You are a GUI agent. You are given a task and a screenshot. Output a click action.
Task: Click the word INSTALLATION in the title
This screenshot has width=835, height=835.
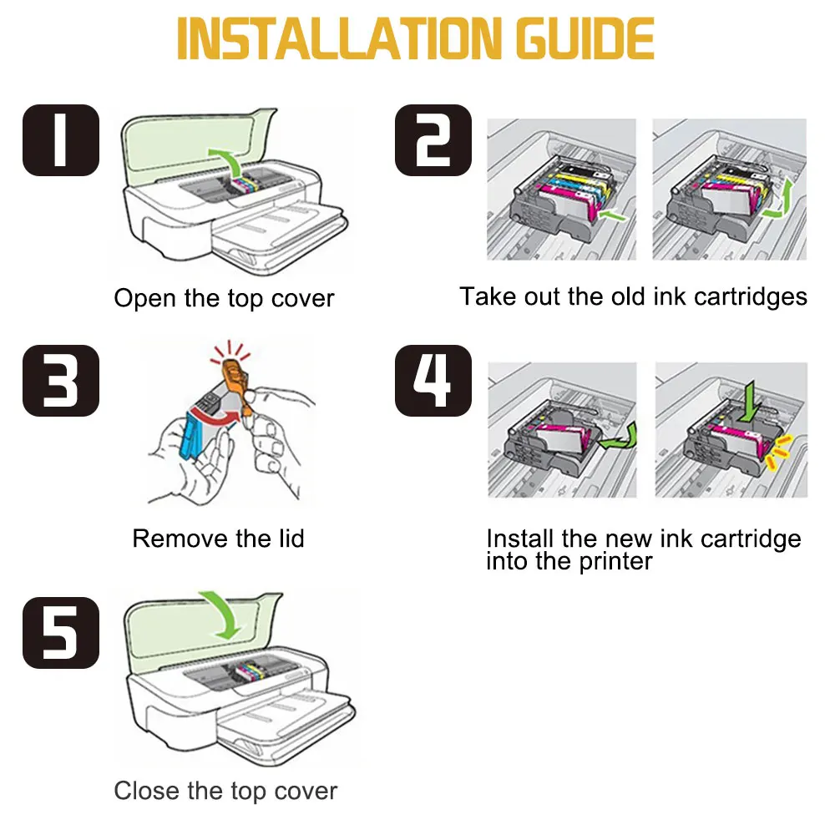click(x=339, y=38)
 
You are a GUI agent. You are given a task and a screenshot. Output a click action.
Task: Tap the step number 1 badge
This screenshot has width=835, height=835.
click(x=61, y=140)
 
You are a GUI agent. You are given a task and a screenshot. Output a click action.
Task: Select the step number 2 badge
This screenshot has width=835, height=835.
click(x=433, y=140)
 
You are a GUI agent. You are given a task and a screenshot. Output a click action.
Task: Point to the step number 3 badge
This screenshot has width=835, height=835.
click(x=61, y=381)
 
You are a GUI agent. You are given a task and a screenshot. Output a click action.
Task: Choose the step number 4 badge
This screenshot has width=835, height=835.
click(x=433, y=381)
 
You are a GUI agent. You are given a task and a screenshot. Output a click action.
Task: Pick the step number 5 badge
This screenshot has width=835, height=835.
click(x=61, y=633)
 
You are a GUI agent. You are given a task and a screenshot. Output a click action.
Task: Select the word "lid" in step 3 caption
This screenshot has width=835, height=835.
click(x=291, y=539)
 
